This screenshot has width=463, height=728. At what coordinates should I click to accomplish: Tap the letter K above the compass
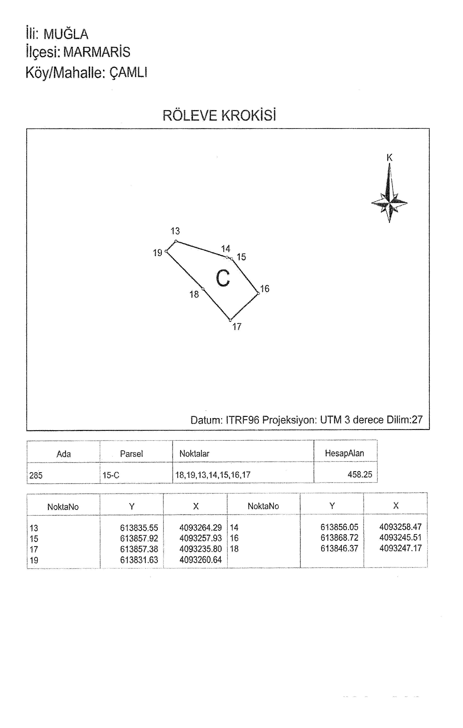389,157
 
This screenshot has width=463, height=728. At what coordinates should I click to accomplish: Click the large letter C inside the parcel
223,278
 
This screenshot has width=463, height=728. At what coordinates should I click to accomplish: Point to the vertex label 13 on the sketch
175,231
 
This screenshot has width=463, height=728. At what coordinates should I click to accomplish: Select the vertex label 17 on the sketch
237,327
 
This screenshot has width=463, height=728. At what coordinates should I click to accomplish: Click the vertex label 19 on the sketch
158,253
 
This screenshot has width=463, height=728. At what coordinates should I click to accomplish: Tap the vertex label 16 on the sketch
265,289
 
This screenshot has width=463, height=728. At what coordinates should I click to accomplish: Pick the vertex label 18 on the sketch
194,294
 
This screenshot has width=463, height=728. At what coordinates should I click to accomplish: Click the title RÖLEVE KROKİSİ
219,115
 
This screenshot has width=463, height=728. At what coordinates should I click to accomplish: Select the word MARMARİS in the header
97,52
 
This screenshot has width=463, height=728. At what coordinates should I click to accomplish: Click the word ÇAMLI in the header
128,73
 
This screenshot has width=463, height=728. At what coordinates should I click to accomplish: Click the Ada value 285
36,476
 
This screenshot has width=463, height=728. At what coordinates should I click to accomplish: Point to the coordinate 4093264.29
201,528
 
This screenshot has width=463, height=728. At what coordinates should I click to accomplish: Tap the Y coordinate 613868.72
340,537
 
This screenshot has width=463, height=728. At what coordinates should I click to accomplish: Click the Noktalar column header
194,454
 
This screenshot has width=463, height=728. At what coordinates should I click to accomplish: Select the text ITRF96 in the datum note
242,420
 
